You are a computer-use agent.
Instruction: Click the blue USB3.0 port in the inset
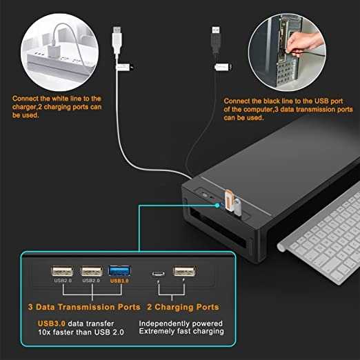click(x=119, y=272)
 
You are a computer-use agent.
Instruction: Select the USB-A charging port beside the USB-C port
click(x=183, y=272)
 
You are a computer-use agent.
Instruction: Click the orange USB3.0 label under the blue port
click(x=119, y=281)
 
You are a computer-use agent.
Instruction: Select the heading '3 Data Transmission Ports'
click(x=84, y=307)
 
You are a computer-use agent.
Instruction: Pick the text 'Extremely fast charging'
click(x=181, y=332)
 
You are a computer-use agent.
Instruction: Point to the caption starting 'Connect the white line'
click(x=57, y=107)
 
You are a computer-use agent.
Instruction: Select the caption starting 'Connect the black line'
click(x=288, y=109)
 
